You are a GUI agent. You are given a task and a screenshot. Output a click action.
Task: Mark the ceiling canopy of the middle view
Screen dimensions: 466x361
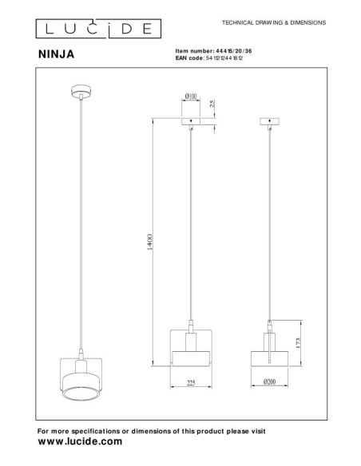tap(192, 123)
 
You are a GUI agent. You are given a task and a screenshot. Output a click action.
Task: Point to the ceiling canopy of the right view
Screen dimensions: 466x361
tap(273, 123)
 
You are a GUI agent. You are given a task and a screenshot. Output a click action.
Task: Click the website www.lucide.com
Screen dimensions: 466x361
tap(81, 440)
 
